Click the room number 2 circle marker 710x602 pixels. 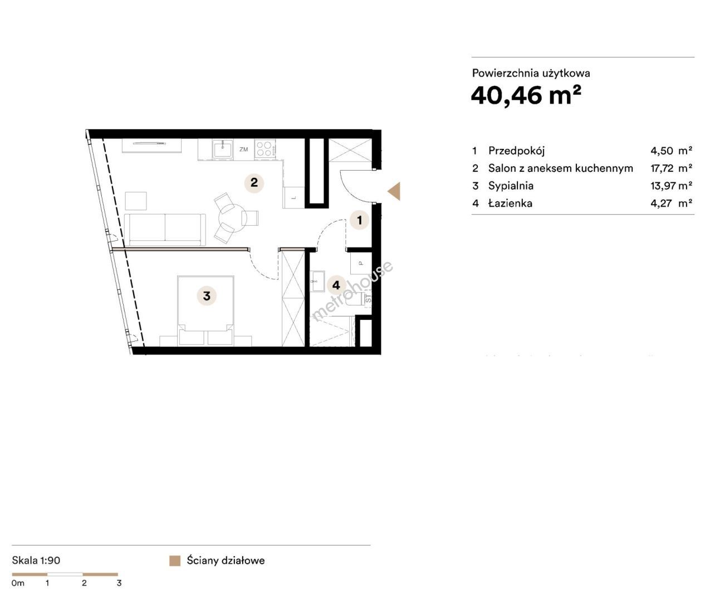tap(254, 183)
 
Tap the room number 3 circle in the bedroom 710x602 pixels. tap(207, 295)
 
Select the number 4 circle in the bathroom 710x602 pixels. tap(336, 285)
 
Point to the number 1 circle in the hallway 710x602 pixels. tap(360, 220)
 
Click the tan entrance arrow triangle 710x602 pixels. tap(394, 191)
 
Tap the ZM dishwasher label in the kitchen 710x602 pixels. tap(243, 149)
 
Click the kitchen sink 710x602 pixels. tap(222, 149)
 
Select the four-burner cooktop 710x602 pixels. tap(265, 149)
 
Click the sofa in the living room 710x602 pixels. tap(165, 229)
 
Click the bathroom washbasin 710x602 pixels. tap(317, 281)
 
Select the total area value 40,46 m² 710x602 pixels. tap(526, 95)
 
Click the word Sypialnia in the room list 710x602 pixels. tap(511, 186)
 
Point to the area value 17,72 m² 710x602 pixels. tap(671, 168)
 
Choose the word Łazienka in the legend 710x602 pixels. tap(511, 203)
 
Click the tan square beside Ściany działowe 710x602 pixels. tap(175, 561)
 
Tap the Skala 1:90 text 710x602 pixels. tap(36, 560)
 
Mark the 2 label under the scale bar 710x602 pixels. tap(84, 583)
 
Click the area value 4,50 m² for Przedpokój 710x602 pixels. tap(671, 151)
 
